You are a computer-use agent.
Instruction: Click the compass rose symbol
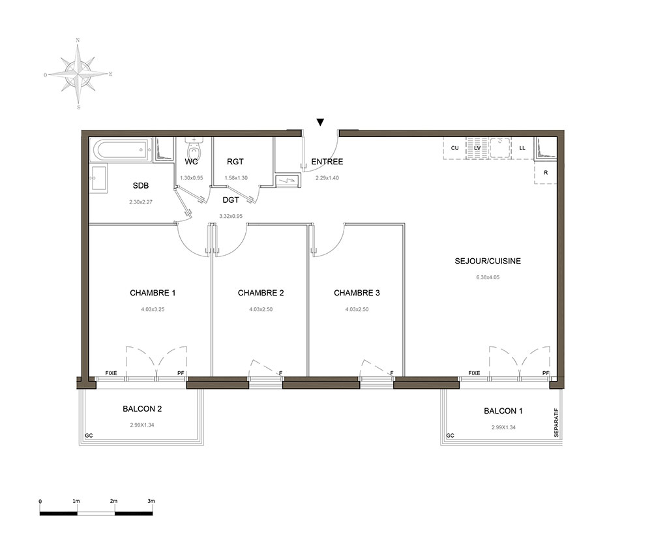78,74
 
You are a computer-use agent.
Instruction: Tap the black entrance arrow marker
320,122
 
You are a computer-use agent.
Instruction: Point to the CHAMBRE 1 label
153,293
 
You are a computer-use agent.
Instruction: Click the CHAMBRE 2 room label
261,293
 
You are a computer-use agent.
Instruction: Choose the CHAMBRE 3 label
357,293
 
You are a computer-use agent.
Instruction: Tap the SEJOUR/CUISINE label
488,261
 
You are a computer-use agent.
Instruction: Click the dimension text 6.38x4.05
488,277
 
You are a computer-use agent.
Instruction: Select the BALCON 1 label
503,411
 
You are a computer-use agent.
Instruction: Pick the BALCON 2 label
142,409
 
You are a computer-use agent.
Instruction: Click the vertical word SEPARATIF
556,423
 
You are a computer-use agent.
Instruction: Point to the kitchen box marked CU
454,148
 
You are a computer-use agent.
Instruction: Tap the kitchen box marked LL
522,148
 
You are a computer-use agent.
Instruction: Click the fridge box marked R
545,172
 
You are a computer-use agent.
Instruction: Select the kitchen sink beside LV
501,147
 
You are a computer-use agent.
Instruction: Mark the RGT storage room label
235,161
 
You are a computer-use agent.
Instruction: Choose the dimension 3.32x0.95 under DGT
231,217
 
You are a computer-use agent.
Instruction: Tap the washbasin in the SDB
98,178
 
